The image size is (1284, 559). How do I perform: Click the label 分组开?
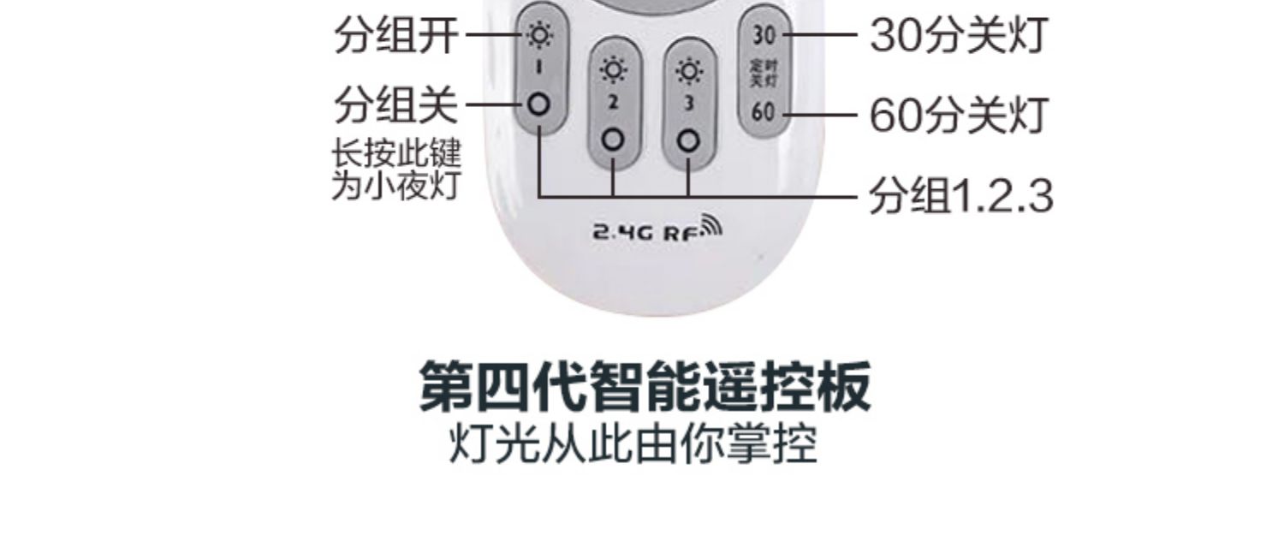(x=395, y=36)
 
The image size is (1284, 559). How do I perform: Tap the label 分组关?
(x=395, y=106)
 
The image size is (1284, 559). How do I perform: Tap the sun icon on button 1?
(x=539, y=36)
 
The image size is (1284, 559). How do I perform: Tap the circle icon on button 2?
(x=613, y=140)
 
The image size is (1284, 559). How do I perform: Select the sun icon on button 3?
(x=689, y=71)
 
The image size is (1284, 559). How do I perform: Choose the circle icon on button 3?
(x=689, y=140)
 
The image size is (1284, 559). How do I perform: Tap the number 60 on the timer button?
(x=763, y=111)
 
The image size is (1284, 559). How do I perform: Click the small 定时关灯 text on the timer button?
(x=763, y=74)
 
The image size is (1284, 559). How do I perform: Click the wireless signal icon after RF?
(x=711, y=224)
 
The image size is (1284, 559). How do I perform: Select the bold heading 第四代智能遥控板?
(x=645, y=387)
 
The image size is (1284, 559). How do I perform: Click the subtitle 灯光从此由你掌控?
(x=633, y=444)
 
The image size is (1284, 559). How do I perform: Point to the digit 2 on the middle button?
(x=613, y=104)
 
